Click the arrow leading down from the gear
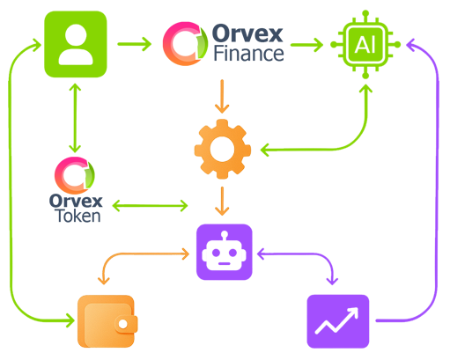[224, 198]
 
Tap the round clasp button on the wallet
[123, 323]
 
